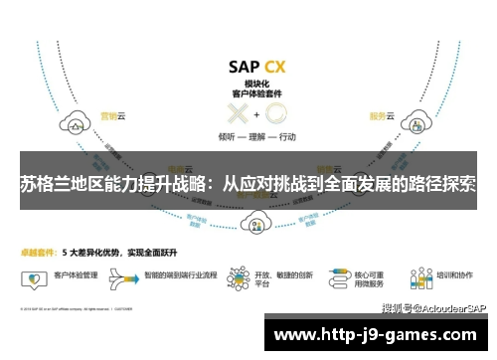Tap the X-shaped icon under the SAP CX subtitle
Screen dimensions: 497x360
tap(239, 113)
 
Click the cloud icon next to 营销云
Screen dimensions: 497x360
tap(76, 124)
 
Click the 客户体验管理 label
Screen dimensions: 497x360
tap(76, 270)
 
